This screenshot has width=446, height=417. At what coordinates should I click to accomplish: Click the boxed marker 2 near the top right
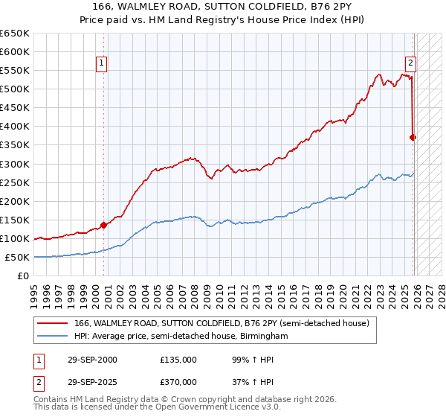pyautogui.click(x=410, y=64)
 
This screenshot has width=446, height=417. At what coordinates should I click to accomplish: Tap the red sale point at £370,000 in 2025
pyautogui.click(x=413, y=137)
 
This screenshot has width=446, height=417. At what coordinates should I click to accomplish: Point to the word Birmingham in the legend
pyautogui.click(x=263, y=337)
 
